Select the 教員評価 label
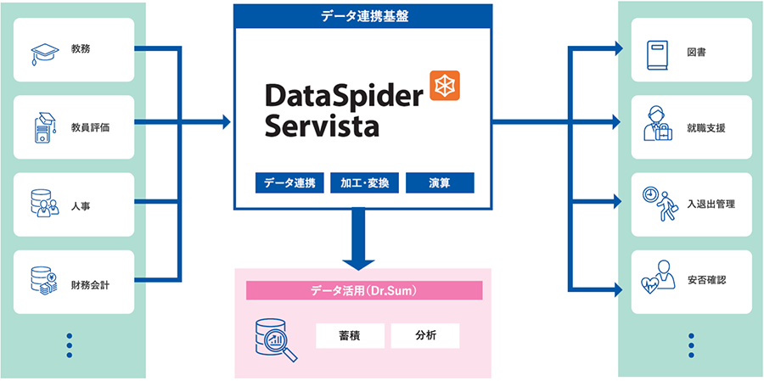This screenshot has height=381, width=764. (90, 128)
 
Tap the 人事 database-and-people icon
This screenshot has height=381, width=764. (42, 205)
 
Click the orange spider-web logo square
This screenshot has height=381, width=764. (444, 86)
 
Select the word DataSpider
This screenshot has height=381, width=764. (343, 95)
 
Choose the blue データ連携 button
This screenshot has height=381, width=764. (289, 182)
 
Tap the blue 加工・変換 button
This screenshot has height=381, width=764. (364, 182)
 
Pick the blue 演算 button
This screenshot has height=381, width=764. (439, 182)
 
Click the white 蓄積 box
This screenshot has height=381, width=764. (350, 335)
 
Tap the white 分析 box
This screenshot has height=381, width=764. (425, 335)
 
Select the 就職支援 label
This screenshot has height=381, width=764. (706, 129)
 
